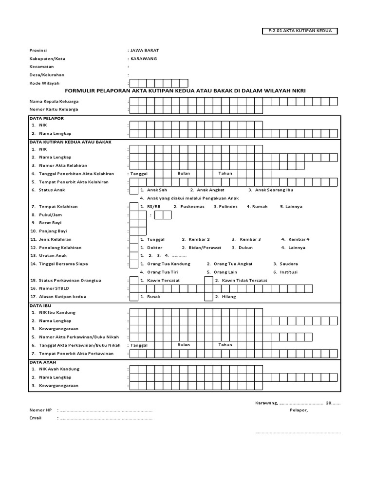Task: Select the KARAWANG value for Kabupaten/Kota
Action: point(144,58)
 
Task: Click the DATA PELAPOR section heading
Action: point(47,118)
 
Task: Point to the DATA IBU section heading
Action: point(40,305)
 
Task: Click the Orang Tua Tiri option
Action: point(166,272)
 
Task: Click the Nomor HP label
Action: point(40,410)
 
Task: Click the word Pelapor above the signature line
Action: point(299,410)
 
